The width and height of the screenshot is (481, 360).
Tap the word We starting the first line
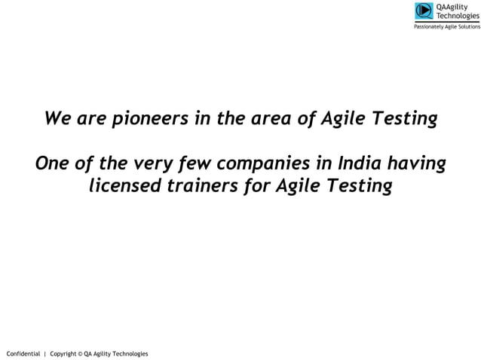point(58,119)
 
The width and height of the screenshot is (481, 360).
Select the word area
point(280,119)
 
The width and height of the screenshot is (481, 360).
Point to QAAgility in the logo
point(452,7)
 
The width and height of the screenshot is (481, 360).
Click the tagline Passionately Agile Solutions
point(446,26)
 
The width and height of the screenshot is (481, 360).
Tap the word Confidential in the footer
point(23,353)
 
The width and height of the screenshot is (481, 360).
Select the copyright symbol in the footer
point(80,353)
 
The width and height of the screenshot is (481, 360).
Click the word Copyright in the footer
point(63,353)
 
